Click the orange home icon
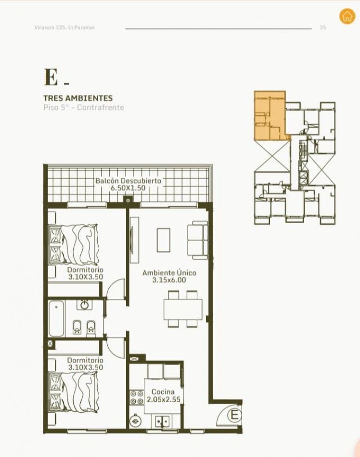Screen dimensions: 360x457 [x=347, y=16]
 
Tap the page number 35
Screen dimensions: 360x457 [x=322, y=27]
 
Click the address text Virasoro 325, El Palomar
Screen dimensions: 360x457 [x=64, y=27]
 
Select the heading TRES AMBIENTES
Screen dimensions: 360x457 [x=78, y=98]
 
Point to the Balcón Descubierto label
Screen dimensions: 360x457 [x=128, y=181]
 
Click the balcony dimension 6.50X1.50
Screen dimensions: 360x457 [x=128, y=188]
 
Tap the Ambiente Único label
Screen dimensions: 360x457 [x=169, y=273]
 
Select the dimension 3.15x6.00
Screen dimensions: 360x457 [x=169, y=280]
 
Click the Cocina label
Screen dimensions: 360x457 [x=163, y=392]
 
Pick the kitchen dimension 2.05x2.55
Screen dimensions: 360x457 [x=164, y=399]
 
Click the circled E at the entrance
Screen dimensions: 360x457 [x=235, y=415]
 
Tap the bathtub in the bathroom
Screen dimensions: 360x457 [x=56, y=319]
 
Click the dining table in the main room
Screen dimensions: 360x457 [x=183, y=309]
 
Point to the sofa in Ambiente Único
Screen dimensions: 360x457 [x=197, y=240]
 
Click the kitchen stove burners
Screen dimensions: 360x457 [x=137, y=397]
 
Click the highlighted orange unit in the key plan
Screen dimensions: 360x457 [x=270, y=116]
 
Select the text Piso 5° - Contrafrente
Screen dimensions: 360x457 [x=84, y=108]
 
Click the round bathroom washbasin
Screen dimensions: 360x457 [x=85, y=305]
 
